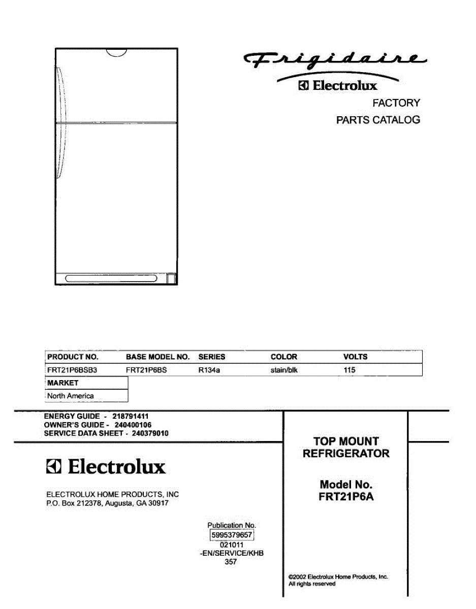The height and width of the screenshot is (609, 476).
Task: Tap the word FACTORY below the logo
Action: click(x=396, y=103)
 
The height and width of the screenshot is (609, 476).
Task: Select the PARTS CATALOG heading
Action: click(x=378, y=120)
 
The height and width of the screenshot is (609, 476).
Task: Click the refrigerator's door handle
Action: click(x=60, y=122)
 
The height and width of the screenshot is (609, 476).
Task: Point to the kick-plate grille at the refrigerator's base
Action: click(x=111, y=278)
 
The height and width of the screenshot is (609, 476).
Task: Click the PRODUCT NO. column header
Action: click(x=73, y=357)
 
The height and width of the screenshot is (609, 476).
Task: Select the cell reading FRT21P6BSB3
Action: click(x=72, y=370)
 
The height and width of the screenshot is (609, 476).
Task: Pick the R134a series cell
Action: click(x=209, y=370)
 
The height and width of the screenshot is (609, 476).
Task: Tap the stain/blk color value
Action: click(x=284, y=370)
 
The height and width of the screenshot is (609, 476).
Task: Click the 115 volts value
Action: click(x=349, y=370)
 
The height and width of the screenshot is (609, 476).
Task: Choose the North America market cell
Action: click(x=71, y=396)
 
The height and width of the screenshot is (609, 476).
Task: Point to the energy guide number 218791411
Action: click(x=130, y=416)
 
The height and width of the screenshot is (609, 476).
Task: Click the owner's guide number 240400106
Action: click(x=133, y=425)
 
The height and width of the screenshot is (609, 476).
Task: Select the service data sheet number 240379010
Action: click(x=150, y=433)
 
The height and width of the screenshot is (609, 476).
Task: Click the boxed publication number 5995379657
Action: click(x=231, y=535)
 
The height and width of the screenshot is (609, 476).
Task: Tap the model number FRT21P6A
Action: click(x=345, y=497)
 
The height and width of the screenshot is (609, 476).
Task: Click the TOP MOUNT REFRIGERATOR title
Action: click(x=346, y=447)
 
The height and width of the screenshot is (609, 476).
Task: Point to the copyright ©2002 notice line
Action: click(x=338, y=577)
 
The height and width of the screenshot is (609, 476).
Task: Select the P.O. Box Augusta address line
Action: click(x=107, y=503)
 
